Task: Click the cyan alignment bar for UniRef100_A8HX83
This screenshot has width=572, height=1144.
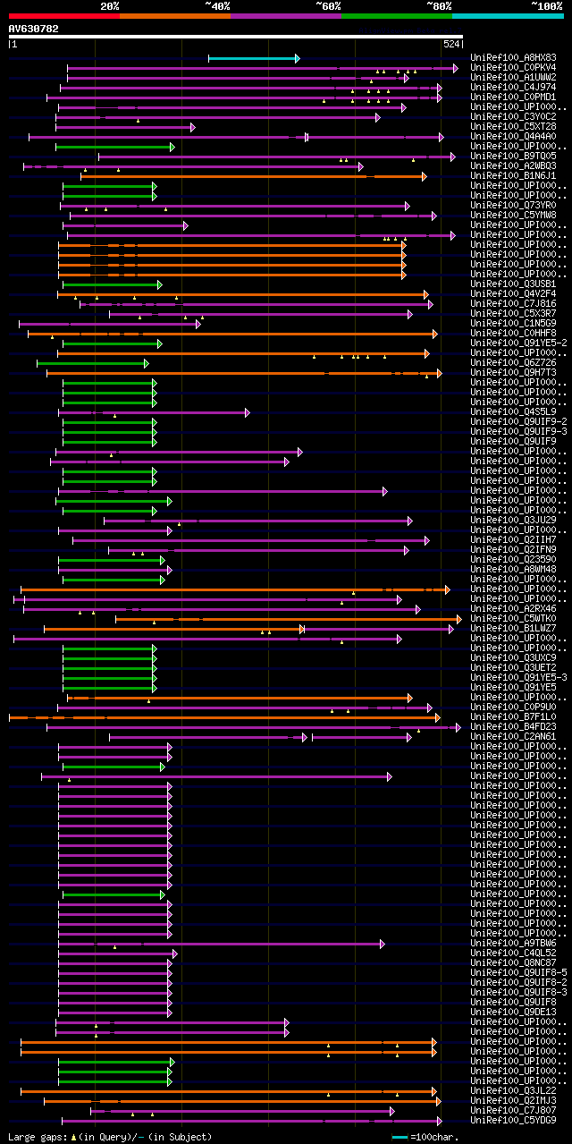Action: click(253, 58)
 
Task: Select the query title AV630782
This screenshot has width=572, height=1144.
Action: click(34, 29)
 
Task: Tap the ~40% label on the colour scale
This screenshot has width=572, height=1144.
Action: click(217, 5)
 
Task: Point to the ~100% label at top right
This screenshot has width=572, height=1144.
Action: click(546, 5)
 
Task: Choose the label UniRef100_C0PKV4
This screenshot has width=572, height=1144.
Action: click(513, 67)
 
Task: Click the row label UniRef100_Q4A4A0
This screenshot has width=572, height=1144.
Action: click(513, 136)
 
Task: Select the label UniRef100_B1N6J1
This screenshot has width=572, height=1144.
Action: click(513, 175)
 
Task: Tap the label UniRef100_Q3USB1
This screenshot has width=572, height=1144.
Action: click(513, 284)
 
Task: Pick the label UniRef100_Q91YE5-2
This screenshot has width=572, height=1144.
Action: click(518, 343)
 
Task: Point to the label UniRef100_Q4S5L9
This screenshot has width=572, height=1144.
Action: click(513, 411)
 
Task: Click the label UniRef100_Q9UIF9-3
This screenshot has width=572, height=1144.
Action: click(518, 431)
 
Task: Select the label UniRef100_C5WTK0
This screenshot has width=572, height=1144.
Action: click(513, 618)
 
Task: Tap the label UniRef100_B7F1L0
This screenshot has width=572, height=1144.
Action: click(513, 716)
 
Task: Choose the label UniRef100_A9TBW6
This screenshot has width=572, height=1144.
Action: click(513, 943)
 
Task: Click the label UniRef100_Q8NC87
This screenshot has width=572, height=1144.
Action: click(513, 962)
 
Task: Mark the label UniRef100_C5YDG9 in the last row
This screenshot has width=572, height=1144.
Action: click(513, 1120)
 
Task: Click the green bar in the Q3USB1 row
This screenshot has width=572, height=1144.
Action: click(111, 284)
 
